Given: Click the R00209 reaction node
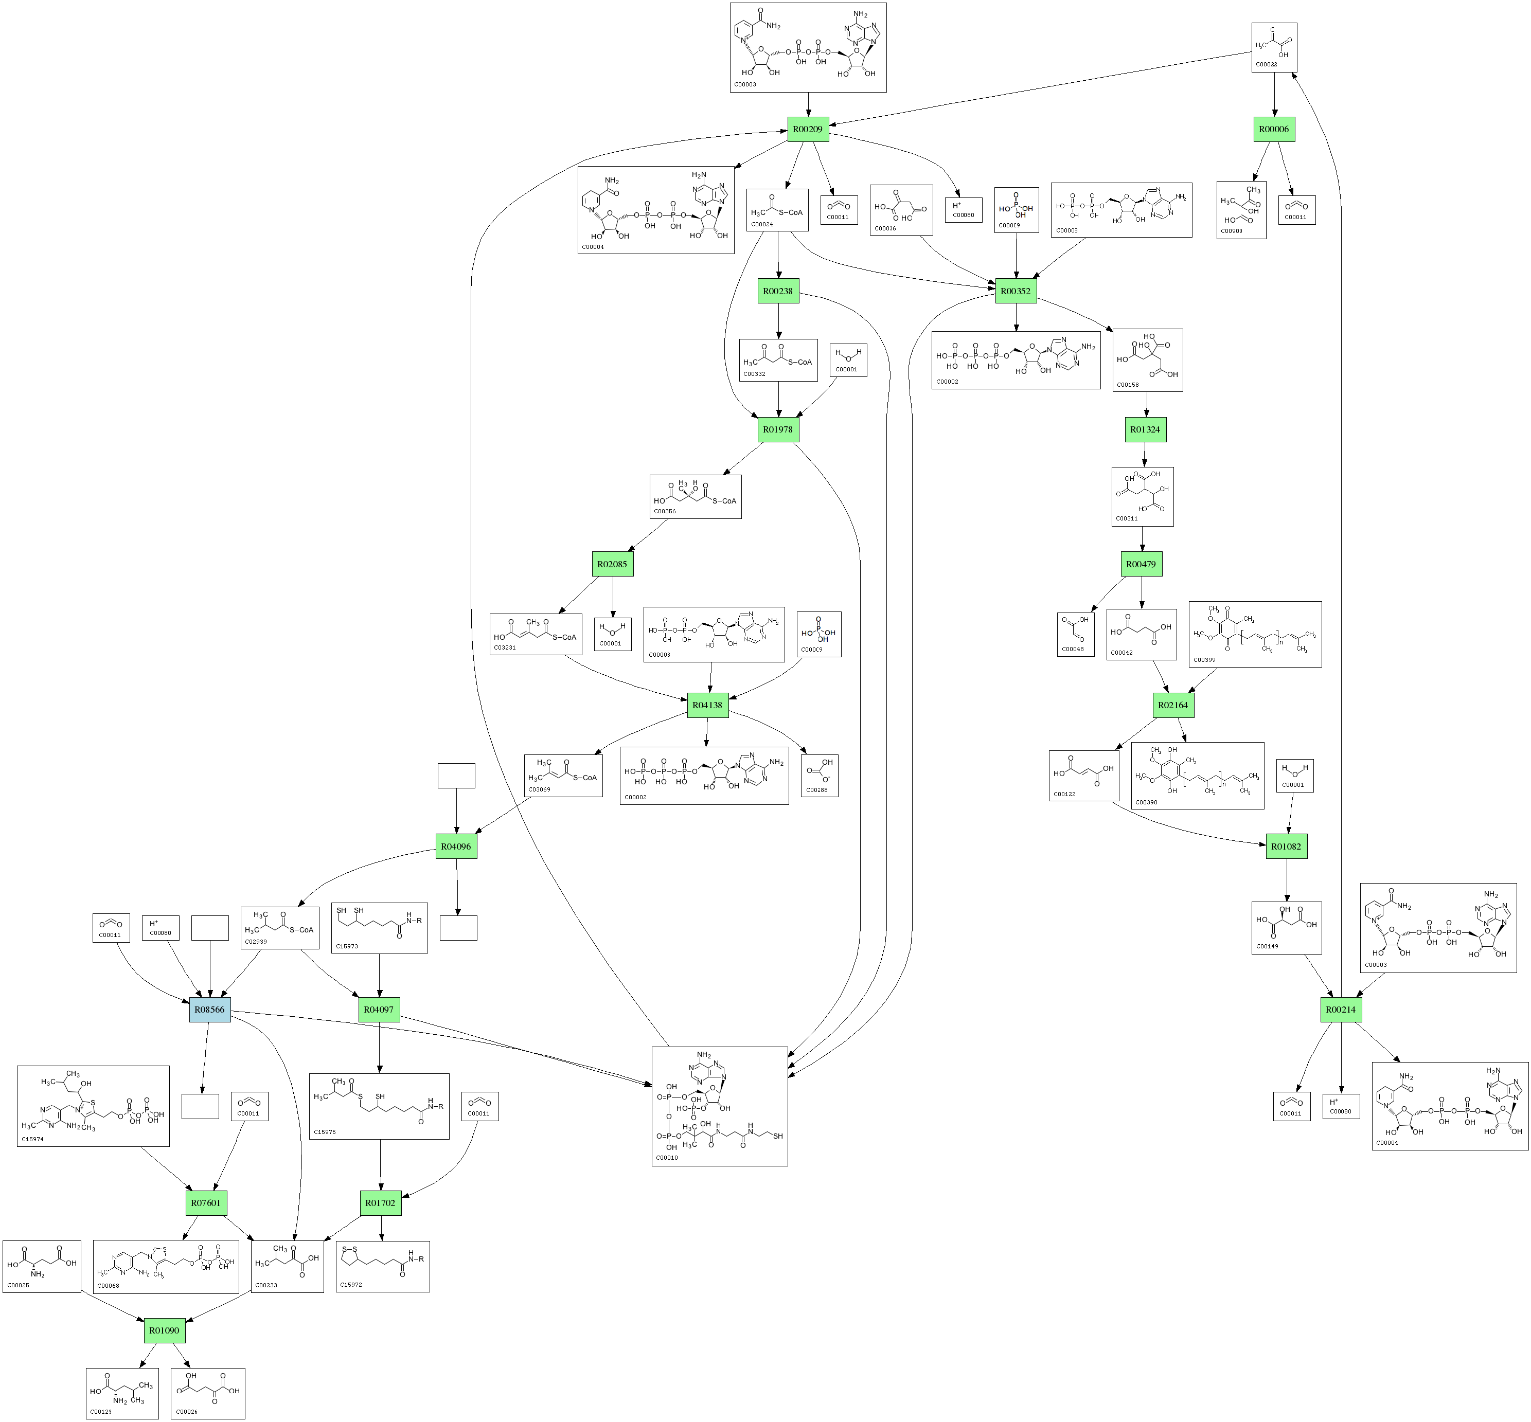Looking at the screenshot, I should tap(808, 129).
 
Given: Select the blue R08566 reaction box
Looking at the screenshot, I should tap(209, 1010).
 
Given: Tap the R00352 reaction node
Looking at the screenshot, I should tap(1016, 291).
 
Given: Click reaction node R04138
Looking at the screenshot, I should tap(707, 705).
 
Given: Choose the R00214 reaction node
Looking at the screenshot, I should tap(1340, 1010).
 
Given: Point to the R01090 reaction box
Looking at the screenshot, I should tap(164, 1330).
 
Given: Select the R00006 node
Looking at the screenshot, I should tap(1273, 129).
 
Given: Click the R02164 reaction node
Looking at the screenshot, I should tap(1172, 705).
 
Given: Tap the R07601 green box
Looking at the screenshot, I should tap(206, 1203).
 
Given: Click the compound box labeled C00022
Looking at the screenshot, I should tap(1274, 48).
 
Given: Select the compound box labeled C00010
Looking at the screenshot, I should tap(719, 1106).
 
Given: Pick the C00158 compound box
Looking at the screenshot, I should tap(1147, 360).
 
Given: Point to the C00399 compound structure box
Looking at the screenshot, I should tap(1255, 634).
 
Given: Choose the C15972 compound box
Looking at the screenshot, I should tap(383, 1267).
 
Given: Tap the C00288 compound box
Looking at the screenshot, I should tap(819, 776).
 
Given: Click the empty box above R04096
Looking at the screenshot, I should tap(456, 776).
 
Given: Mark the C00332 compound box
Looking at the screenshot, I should tap(777, 360).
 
